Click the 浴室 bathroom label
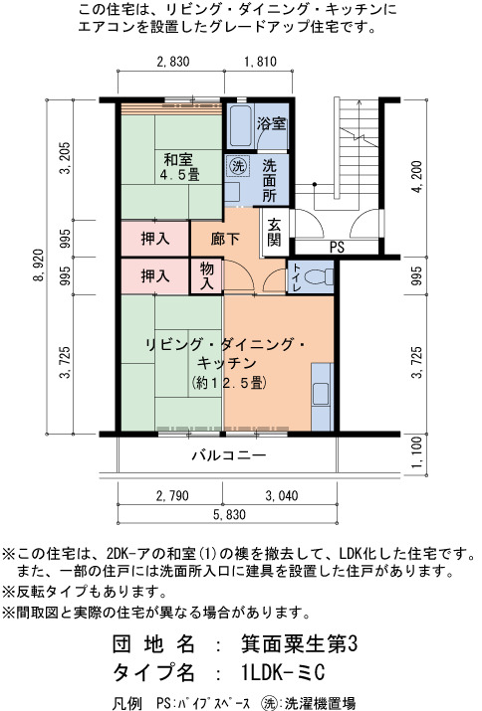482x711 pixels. pos(271,123)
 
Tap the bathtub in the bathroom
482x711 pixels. pos(240,126)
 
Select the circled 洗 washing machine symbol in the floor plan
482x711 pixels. pos(237,166)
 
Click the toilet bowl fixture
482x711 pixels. pos(318,276)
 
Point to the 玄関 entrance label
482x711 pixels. pos(274,232)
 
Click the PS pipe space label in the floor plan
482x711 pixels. pos(337,248)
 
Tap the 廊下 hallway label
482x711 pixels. pos(225,239)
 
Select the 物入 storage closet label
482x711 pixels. pos(207,275)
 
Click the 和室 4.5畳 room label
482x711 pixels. pos(180,166)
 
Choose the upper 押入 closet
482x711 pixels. pos(155,239)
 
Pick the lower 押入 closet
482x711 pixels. pos(155,275)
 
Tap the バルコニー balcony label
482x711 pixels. pos(228,454)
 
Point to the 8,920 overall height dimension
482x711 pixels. pos(39,267)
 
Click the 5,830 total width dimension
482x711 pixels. pos(229,515)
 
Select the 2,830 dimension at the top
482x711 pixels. pos(173,62)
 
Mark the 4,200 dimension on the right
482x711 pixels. pos(416,177)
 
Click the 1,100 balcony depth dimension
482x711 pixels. pos(416,453)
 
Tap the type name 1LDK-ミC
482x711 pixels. pos(284,672)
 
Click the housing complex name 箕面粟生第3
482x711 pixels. pos(300,644)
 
